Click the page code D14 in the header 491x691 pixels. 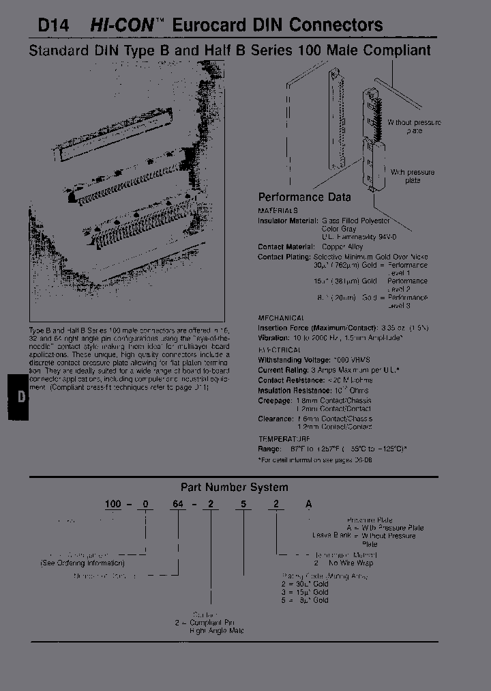51,25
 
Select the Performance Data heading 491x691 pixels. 304,197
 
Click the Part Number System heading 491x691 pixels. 234,488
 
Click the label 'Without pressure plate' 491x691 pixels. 414,126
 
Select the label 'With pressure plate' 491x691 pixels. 412,176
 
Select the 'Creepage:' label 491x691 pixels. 274,400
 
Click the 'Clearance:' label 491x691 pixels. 275,419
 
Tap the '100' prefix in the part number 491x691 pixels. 113,504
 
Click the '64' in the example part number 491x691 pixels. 179,504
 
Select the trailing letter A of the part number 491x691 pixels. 308,504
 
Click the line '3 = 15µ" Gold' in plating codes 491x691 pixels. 306,592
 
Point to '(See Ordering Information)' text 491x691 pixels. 83,563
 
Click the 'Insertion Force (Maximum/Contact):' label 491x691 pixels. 318,328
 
